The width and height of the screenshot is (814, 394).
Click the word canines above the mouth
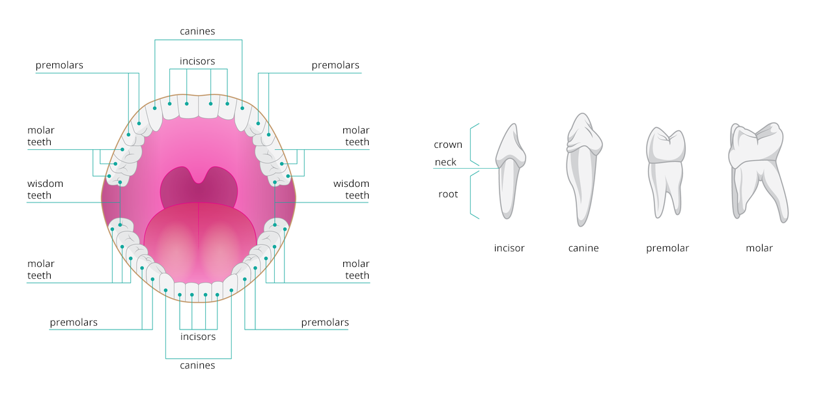[x=197, y=31]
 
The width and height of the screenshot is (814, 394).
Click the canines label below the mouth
[x=197, y=366]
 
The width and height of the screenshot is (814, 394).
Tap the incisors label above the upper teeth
[x=197, y=61]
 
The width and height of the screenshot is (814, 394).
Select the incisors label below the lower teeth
[x=197, y=337]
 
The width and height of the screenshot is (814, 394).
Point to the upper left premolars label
[x=59, y=65]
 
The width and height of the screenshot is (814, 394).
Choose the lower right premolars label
[x=325, y=322]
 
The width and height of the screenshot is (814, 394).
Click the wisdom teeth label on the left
[x=45, y=190]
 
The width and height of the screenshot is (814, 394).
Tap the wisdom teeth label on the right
[x=351, y=190]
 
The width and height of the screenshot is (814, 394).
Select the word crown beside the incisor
[x=448, y=145]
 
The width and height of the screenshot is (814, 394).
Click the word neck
[x=445, y=162]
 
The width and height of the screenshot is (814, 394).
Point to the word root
[x=448, y=194]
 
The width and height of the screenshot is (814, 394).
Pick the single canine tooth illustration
[x=583, y=168]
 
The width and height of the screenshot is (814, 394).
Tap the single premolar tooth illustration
[x=666, y=171]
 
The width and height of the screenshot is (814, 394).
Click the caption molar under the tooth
[x=759, y=248]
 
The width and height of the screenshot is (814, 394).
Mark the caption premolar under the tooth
[x=667, y=248]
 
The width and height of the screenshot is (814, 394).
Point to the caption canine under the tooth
[x=583, y=248]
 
